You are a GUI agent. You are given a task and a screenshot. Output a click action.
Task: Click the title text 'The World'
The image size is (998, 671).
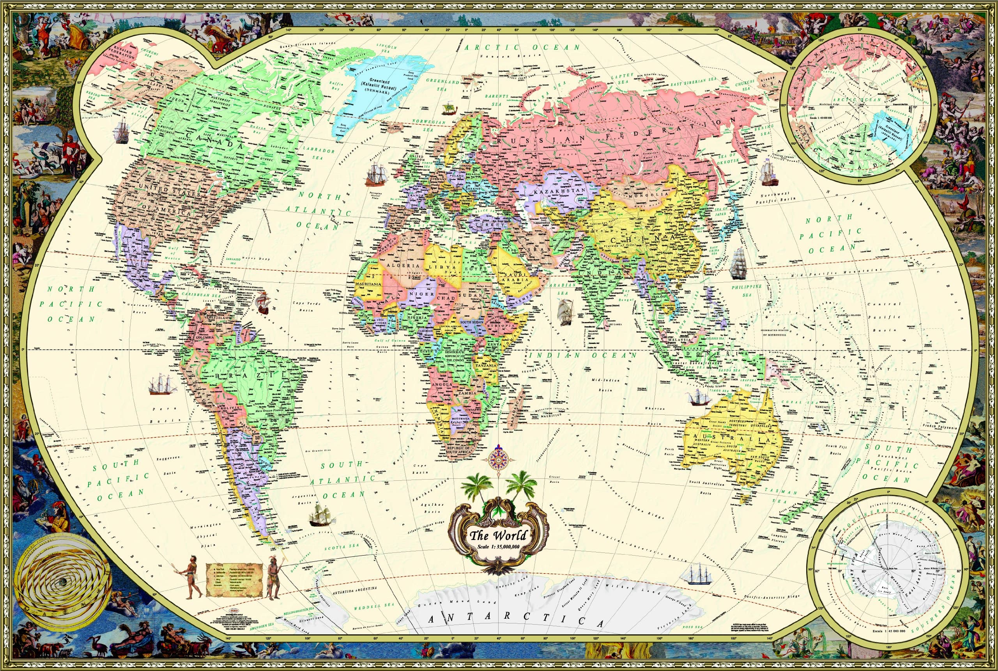498,535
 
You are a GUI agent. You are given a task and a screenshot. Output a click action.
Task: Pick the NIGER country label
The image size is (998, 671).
422,294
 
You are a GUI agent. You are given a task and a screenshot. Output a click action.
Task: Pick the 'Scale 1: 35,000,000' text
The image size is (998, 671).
498,547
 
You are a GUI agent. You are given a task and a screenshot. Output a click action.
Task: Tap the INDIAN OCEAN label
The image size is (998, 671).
584,355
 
